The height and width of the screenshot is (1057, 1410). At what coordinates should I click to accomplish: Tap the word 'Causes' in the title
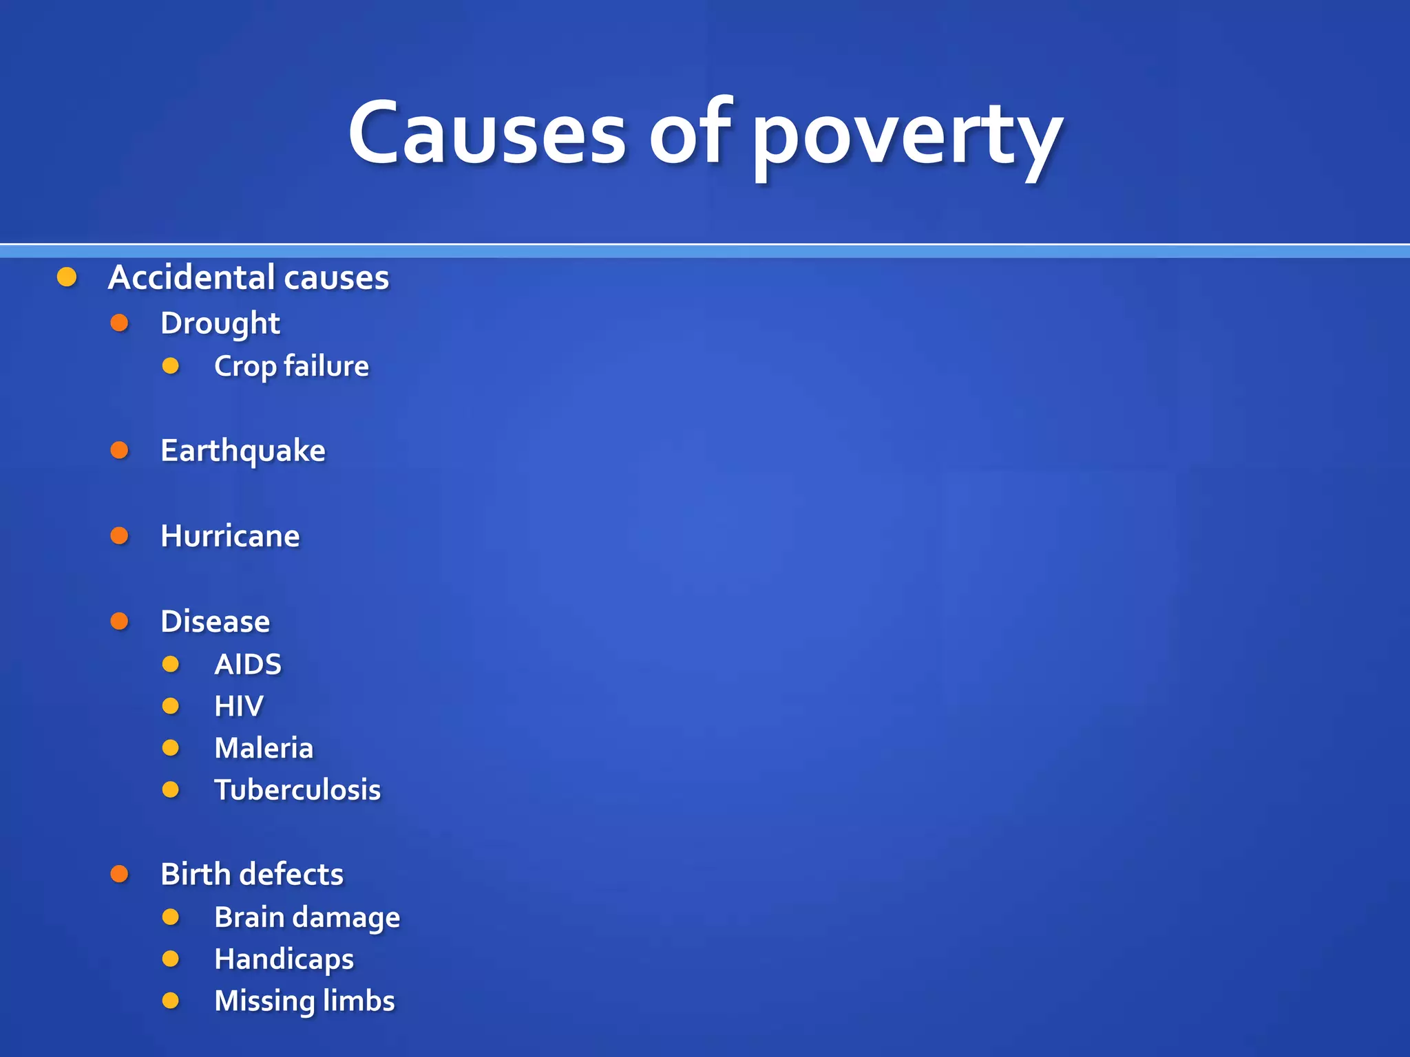point(487,134)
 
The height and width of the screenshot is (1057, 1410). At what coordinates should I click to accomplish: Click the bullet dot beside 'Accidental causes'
point(67,277)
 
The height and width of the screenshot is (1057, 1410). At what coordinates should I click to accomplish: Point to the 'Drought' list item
point(220,323)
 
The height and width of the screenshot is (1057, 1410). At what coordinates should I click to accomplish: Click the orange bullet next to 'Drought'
point(120,322)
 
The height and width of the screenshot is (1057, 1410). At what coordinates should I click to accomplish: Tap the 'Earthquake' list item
point(242,451)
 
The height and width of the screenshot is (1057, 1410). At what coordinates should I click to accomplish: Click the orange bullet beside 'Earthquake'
point(120,450)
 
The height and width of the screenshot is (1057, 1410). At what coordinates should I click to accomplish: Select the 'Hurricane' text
point(230,536)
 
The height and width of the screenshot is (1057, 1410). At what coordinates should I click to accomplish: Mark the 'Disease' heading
point(215,621)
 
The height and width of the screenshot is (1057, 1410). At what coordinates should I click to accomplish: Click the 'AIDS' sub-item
point(248,664)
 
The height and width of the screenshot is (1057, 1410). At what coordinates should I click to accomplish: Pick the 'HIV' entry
point(238,706)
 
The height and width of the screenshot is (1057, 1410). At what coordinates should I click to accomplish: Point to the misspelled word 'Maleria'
point(264,748)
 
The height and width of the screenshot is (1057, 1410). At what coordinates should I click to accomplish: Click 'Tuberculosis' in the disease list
point(297,790)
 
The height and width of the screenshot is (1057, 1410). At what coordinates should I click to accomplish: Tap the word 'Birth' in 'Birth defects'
point(193,875)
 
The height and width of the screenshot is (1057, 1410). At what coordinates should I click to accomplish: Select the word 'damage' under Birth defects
point(355,918)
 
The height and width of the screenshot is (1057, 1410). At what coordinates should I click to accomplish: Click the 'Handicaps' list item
point(284,959)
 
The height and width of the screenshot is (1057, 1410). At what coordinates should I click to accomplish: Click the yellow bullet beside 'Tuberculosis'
point(171,789)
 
